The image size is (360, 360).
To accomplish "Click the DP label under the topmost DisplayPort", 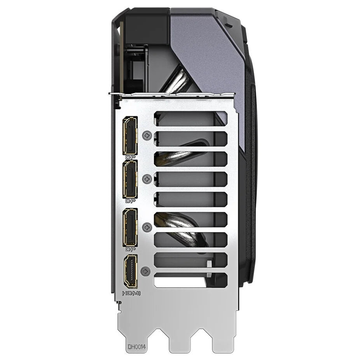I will tap(129, 157).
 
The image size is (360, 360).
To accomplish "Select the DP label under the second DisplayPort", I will tap(129, 201).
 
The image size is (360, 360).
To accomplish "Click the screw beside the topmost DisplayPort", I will tap(147, 135).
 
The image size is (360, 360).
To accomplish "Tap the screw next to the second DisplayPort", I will tap(147, 179).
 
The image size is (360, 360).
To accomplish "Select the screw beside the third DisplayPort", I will tap(147, 227).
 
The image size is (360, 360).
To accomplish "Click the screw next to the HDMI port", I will tap(146, 271).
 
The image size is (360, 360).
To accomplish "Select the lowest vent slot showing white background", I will tap(190, 280).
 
